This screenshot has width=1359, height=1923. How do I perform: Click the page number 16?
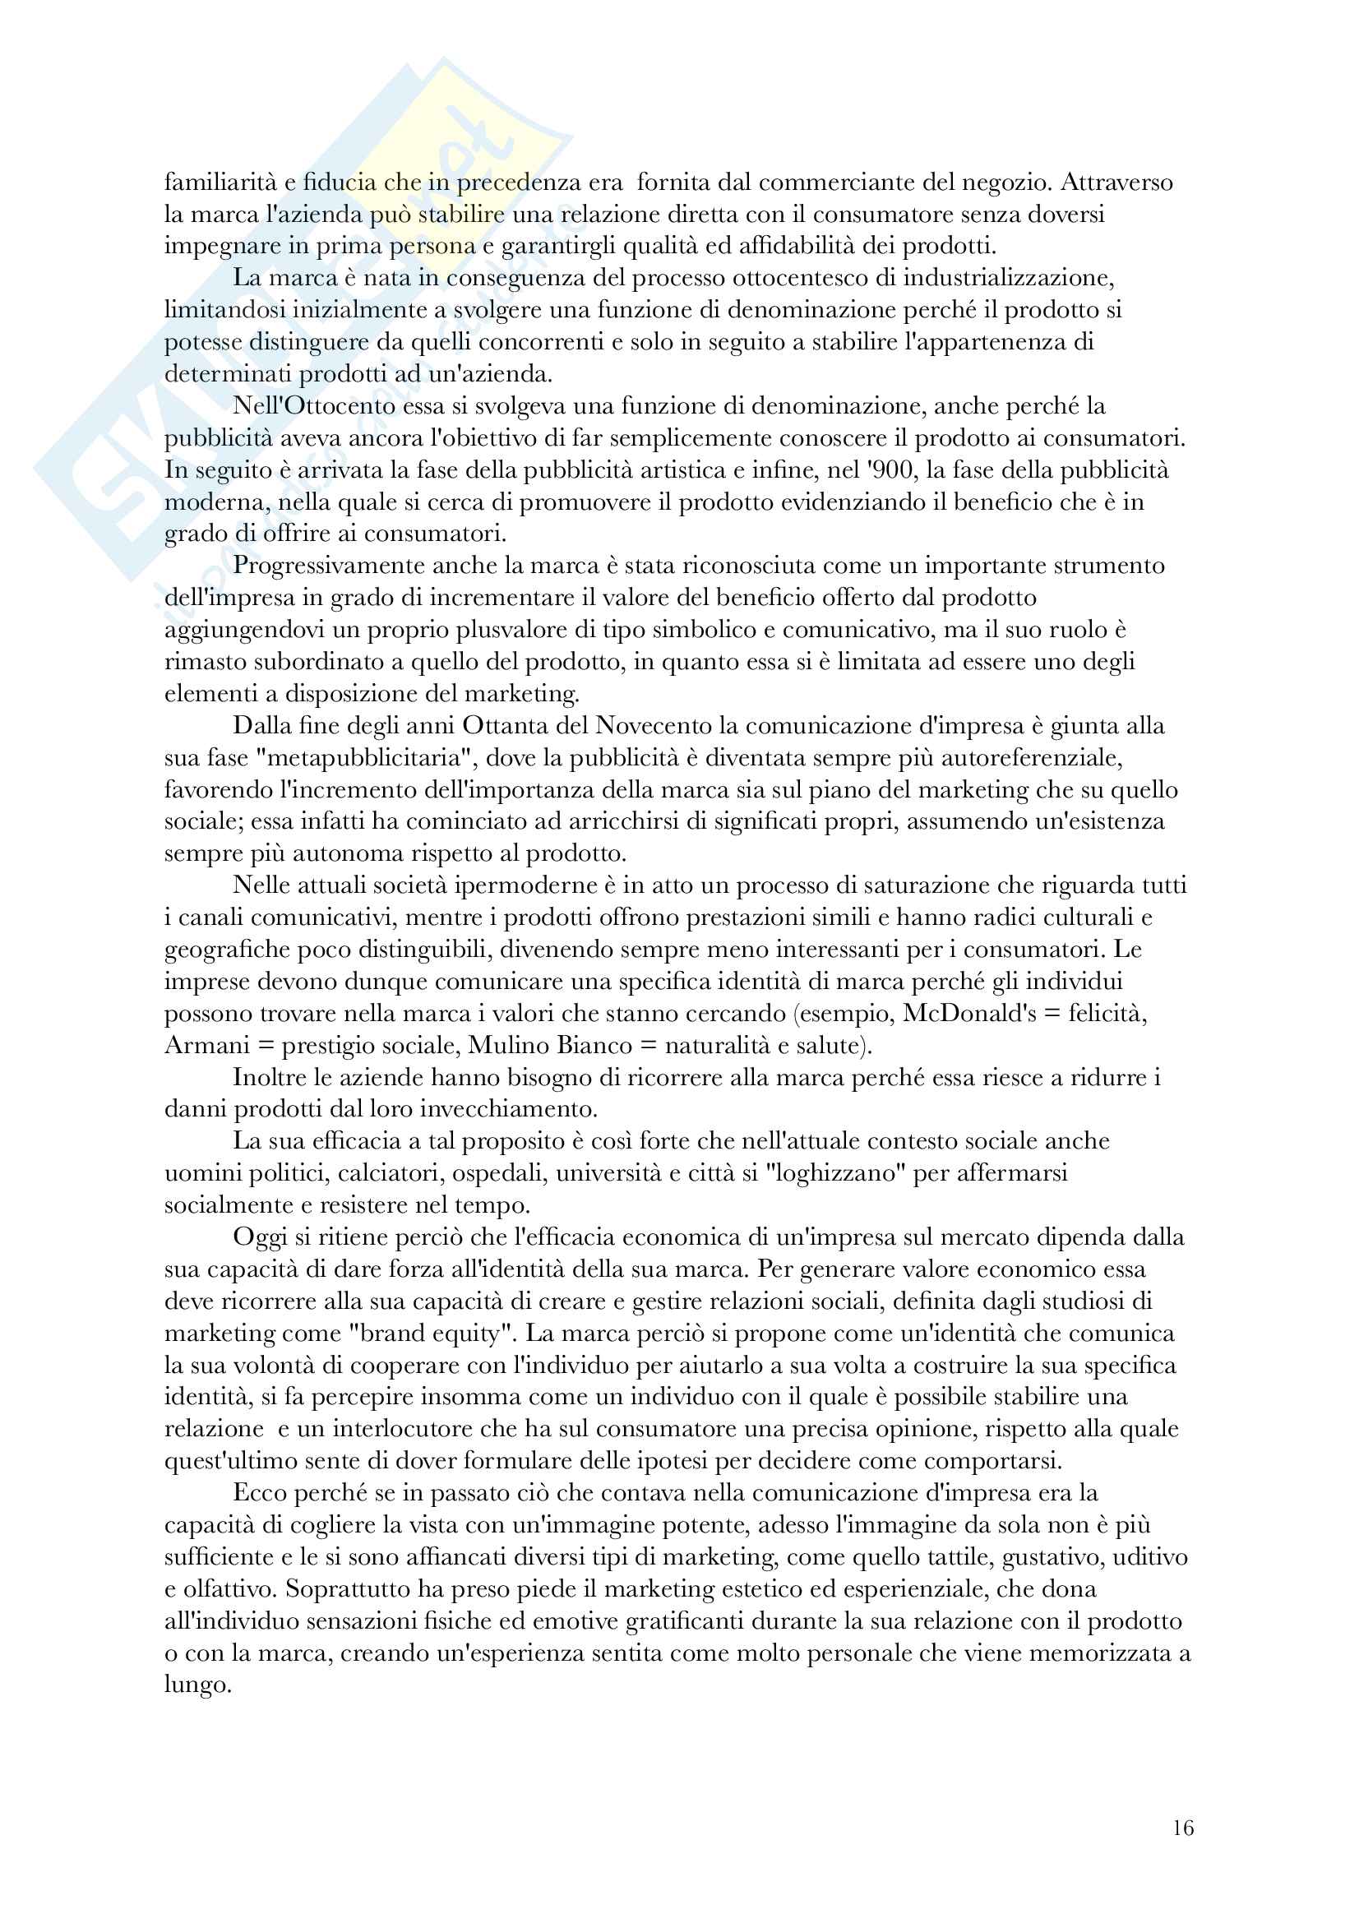point(1182,1828)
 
